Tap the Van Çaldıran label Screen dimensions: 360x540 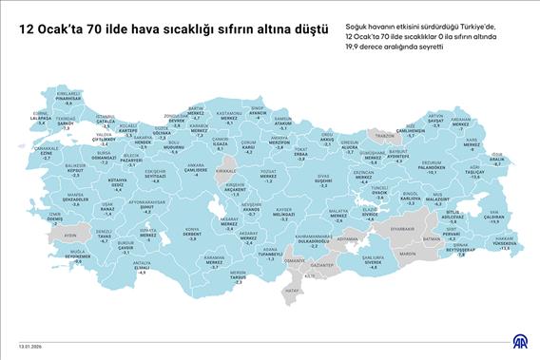point(494,218)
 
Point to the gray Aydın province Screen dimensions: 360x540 point(69,233)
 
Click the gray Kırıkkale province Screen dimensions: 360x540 point(226,172)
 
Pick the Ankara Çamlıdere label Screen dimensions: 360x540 point(196,171)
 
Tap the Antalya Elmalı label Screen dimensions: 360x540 point(143,267)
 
